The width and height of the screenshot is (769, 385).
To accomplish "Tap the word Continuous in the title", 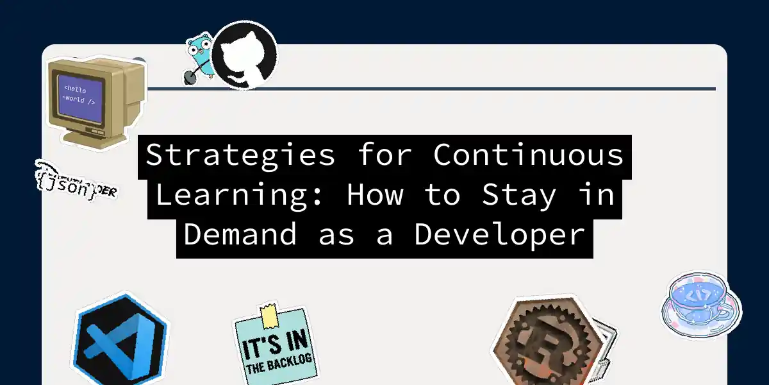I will coord(529,156).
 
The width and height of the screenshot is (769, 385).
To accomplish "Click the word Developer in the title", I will coord(500,235).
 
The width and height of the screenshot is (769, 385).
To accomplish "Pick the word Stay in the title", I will coord(519,196).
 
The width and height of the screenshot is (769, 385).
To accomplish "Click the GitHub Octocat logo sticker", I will coord(245,54).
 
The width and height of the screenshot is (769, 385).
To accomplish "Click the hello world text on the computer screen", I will coord(80,95).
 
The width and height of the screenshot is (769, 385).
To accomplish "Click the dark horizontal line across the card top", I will coord(449,89).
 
